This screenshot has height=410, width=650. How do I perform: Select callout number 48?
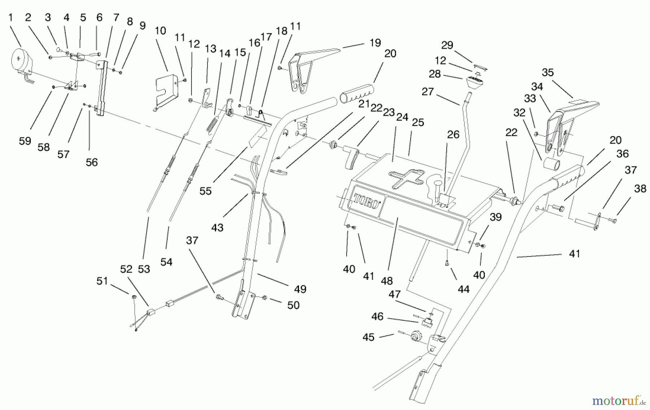coord(387,280)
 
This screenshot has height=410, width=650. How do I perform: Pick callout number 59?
coord(25,141)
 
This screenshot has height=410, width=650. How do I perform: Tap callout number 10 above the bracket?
coord(160,31)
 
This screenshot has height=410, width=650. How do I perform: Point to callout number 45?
coord(368,337)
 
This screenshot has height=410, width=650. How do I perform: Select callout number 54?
coord(166,262)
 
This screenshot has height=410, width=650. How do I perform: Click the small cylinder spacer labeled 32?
coord(551,163)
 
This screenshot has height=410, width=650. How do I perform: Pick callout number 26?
coord(453,135)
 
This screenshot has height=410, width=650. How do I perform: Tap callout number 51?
coord(102,281)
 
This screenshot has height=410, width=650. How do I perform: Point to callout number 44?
coord(464,289)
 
